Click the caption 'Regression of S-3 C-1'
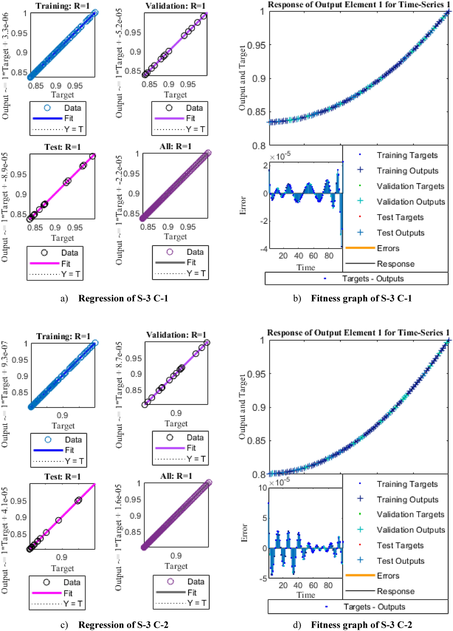[123, 298]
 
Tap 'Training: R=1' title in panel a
[62, 6]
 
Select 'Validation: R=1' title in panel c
[176, 335]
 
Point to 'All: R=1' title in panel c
[176, 476]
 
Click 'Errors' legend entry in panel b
[388, 248]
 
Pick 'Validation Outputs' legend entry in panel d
[411, 530]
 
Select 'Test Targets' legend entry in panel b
[400, 217]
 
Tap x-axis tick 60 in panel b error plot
[313, 256]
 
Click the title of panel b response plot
[359, 5]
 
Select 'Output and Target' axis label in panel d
[242, 407]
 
